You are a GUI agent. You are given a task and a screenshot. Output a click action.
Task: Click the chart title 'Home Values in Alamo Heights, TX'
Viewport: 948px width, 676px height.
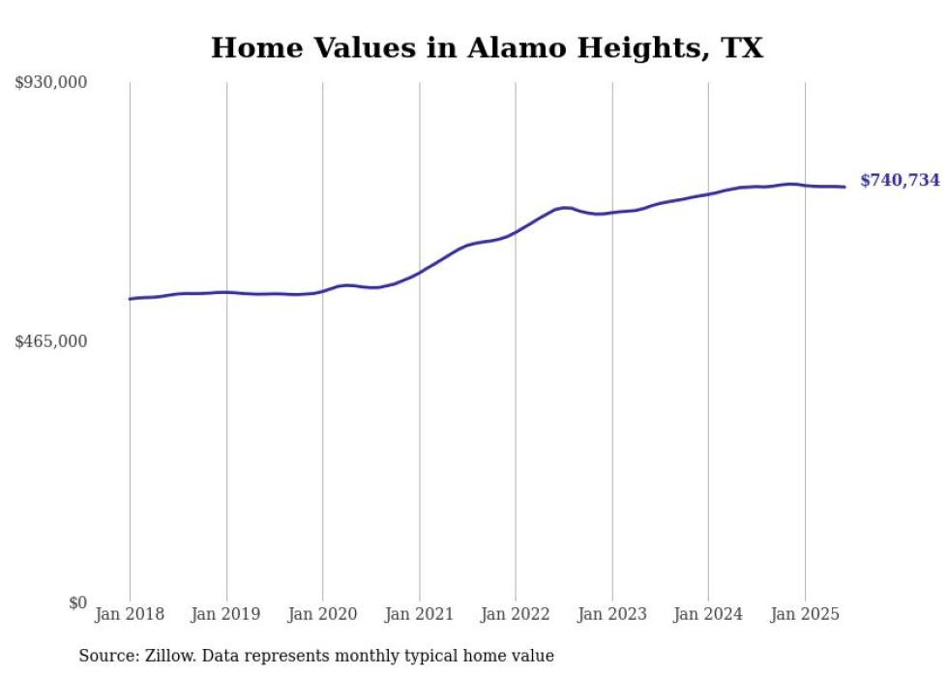point(487,47)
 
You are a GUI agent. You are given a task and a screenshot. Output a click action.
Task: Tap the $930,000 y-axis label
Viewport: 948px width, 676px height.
point(51,83)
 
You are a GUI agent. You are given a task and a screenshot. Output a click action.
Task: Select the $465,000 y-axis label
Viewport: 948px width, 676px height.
point(51,341)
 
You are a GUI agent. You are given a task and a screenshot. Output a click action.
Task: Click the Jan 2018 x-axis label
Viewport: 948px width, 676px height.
point(130,614)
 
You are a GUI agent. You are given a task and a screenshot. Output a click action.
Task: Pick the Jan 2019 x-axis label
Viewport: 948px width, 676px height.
point(226,614)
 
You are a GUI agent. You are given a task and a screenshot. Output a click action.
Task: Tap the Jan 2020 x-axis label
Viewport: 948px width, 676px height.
point(323,614)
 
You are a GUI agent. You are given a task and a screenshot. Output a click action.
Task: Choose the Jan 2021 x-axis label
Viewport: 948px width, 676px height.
point(419,614)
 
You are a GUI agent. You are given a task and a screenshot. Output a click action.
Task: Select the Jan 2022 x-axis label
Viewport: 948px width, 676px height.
point(516,614)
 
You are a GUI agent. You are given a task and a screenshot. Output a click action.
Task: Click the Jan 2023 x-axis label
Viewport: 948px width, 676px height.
point(611,614)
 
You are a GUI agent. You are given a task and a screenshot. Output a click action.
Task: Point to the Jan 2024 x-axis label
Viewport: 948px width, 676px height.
point(708,614)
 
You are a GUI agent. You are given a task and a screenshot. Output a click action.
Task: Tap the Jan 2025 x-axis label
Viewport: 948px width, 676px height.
point(804,614)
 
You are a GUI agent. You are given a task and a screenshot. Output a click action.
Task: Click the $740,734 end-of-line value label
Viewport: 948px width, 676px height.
point(900,181)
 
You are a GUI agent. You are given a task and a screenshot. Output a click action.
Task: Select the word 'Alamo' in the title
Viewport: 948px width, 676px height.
point(514,47)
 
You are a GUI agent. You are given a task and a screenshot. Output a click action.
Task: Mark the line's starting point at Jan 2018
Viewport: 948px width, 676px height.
point(130,299)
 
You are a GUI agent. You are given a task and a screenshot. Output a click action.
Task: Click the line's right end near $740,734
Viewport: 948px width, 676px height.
point(844,187)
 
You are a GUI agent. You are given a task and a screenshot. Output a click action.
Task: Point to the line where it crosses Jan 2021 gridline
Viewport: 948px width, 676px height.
point(419,273)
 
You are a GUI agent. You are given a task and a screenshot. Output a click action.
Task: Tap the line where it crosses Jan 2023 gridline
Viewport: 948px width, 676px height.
point(611,212)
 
